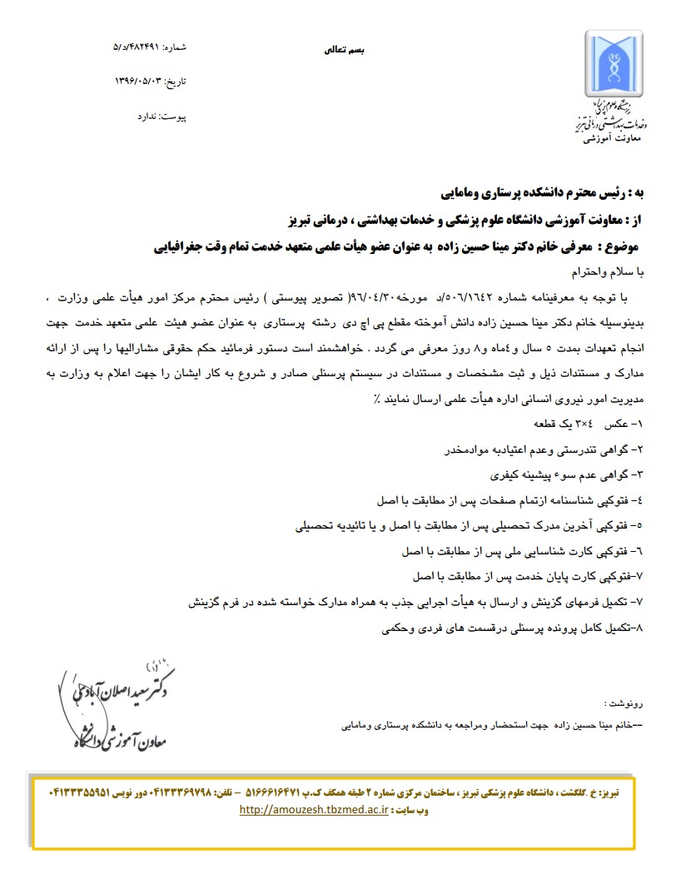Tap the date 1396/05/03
(139, 82)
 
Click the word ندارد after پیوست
(148, 117)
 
